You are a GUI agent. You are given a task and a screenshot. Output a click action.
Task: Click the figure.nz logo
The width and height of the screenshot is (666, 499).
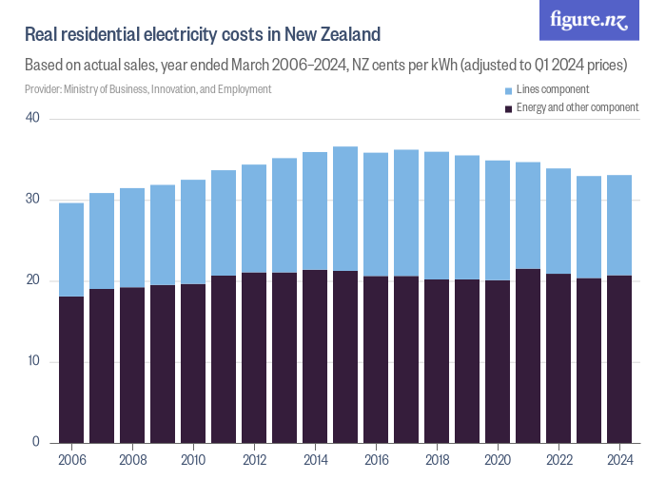click(589, 20)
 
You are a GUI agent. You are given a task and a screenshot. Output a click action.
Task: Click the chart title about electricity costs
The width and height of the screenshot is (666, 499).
click(203, 35)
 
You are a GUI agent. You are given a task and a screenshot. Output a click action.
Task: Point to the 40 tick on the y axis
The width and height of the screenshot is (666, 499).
click(33, 118)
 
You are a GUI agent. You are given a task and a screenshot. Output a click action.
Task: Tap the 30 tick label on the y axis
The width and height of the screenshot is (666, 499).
click(33, 200)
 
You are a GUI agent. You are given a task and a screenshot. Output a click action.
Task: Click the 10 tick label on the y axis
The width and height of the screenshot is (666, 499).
click(33, 362)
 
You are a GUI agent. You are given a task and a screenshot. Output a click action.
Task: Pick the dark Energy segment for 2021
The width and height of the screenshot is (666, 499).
click(528, 356)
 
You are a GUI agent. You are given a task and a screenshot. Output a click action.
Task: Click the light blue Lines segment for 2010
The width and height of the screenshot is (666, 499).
click(193, 232)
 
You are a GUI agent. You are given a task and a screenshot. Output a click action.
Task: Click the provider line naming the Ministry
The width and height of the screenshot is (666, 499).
click(147, 89)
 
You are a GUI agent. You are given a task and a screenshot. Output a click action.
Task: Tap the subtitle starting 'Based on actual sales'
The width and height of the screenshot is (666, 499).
click(324, 67)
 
